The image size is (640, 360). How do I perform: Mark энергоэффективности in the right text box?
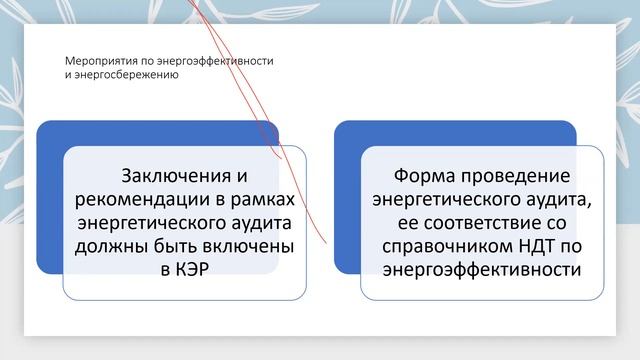pos(481,269)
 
